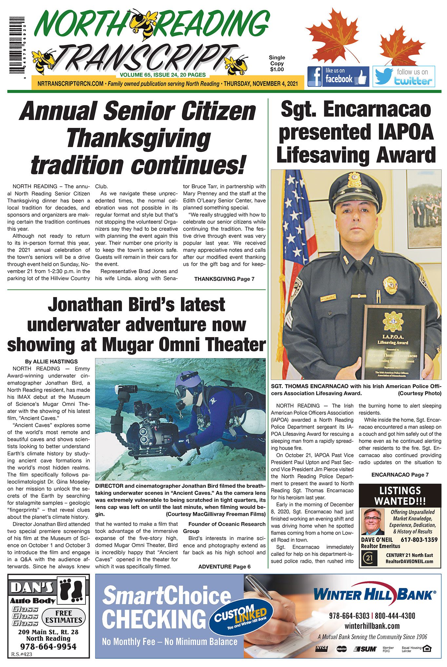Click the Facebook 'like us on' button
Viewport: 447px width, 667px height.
coord(338,76)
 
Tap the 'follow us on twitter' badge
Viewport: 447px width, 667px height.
coord(403,77)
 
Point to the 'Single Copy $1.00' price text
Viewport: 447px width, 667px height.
coord(277,63)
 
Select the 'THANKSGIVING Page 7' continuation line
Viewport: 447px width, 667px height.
coord(224,279)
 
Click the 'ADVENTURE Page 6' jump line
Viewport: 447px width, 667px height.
coord(224,567)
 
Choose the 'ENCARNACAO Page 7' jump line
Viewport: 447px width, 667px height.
coord(400,475)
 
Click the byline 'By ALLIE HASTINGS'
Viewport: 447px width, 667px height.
coord(51,361)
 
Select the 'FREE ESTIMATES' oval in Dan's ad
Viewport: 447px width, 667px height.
coord(64,617)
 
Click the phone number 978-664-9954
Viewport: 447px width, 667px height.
coord(48,647)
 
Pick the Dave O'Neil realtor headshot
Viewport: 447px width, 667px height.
coord(373,522)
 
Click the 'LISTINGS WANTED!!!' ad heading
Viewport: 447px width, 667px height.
coord(400,495)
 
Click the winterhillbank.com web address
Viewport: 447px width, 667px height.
coord(372,626)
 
